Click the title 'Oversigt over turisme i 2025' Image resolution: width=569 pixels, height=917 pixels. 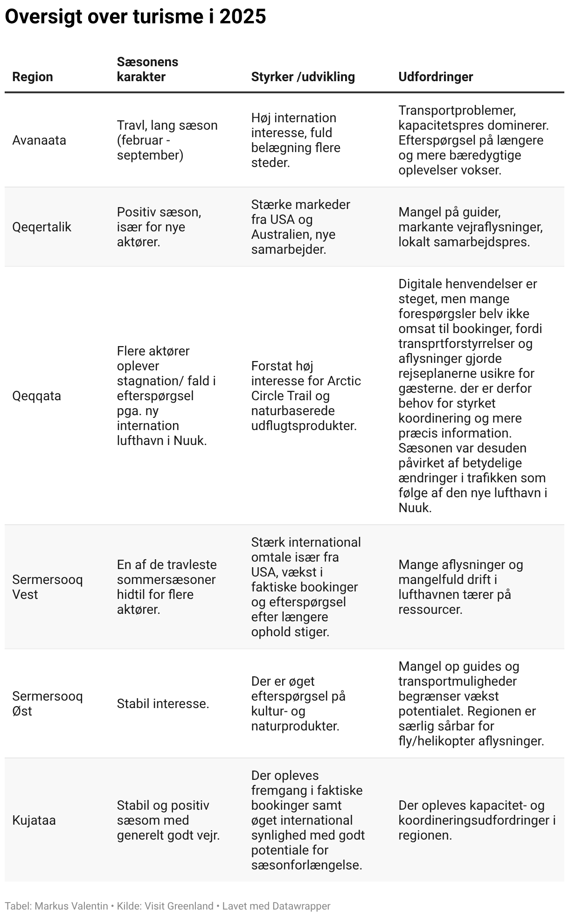point(135,17)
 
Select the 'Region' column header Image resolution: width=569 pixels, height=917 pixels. point(33,77)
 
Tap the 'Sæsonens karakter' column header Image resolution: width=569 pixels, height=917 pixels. point(147,69)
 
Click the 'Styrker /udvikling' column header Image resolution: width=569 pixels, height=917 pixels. point(303,77)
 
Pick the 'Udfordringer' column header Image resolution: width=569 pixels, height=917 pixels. point(435,77)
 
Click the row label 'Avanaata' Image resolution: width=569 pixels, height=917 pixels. point(39,140)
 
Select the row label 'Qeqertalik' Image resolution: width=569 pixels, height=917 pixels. point(42,227)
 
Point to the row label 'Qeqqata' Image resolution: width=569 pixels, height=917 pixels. point(36,396)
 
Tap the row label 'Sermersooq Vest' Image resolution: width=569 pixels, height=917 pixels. point(47,587)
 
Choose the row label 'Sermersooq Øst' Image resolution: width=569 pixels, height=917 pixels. point(47,703)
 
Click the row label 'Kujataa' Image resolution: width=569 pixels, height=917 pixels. point(34,820)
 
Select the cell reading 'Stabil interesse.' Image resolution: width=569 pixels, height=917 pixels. point(163,703)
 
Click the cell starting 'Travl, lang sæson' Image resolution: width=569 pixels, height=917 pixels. point(167,140)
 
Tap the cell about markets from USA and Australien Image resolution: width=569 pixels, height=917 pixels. point(300,227)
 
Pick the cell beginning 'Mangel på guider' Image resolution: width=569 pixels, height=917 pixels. point(470,227)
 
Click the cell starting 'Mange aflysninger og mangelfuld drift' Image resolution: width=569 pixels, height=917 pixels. point(460,587)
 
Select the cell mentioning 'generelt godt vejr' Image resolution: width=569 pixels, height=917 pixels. point(168,820)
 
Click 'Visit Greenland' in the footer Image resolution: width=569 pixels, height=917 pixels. point(179,906)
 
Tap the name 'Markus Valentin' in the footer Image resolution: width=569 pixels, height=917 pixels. point(71,906)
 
